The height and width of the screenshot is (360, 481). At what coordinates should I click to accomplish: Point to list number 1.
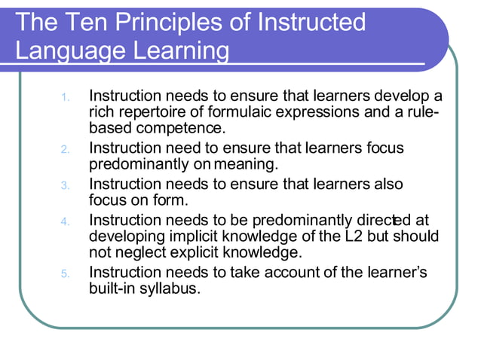pyautogui.click(x=66, y=97)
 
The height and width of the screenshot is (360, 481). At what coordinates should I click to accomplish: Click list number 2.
pyautogui.click(x=66, y=148)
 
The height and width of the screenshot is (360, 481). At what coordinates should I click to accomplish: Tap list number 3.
pyautogui.click(x=66, y=185)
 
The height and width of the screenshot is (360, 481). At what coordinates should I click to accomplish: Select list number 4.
pyautogui.click(x=66, y=221)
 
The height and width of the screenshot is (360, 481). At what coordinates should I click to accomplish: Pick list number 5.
pyautogui.click(x=66, y=273)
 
